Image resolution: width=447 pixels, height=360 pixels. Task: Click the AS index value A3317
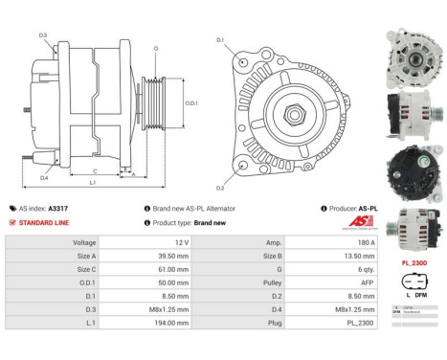coord(58,207)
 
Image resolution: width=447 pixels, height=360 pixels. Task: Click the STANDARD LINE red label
coord(45,222)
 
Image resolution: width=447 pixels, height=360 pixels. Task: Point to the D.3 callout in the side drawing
coord(44,35)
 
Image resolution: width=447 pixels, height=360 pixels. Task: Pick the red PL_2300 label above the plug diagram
coord(413,261)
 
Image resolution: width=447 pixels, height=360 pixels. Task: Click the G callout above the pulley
coord(156,47)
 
